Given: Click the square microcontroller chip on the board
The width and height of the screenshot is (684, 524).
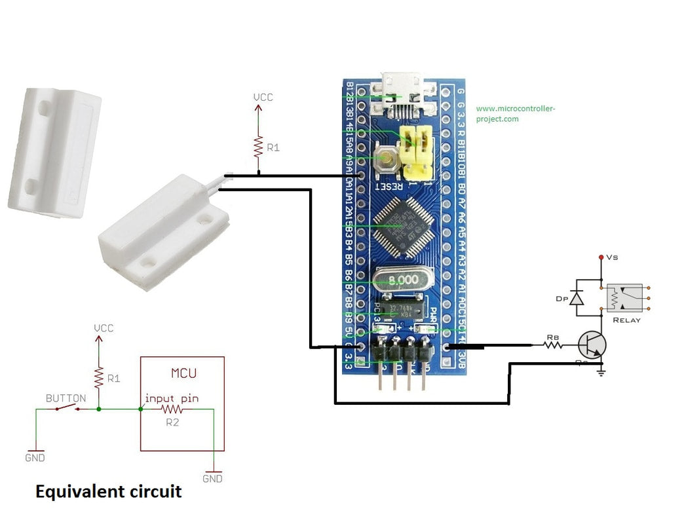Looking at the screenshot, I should [402, 227].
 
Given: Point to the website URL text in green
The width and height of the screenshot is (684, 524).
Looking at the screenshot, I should [515, 114].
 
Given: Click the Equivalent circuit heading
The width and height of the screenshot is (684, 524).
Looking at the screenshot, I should [108, 491].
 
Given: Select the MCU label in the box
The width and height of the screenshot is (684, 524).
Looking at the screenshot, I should [183, 374].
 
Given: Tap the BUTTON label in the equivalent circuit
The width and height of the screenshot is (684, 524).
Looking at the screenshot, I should [66, 398].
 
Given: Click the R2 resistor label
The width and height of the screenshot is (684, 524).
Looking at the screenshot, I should [172, 422].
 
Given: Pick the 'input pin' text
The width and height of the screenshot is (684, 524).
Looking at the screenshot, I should [172, 398].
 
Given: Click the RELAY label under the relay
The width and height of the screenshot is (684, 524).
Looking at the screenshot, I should [626, 320].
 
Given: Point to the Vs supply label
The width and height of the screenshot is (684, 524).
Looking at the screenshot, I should [612, 258].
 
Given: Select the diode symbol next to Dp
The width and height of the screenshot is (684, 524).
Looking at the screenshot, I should [577, 298].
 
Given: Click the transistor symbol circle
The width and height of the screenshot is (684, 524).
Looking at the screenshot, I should [592, 345].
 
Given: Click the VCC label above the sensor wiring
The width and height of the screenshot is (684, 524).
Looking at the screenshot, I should [263, 98].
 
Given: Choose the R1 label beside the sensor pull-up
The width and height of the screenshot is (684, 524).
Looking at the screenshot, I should [273, 148].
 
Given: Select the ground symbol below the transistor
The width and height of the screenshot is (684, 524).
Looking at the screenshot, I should [601, 373].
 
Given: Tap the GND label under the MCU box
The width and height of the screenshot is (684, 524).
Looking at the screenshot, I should [212, 479].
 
